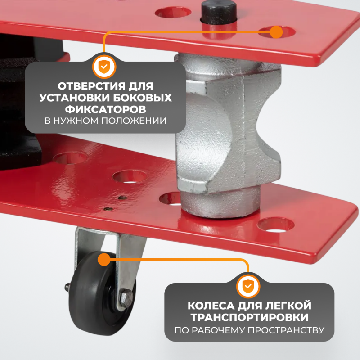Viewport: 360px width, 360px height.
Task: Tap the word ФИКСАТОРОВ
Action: [105, 109]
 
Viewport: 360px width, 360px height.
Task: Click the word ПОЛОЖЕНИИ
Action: [134, 121]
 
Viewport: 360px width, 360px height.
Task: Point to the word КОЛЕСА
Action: [211, 306]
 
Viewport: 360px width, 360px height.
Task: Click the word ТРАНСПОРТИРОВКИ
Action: [250, 317]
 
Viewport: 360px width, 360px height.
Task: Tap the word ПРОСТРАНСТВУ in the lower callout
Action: [286, 330]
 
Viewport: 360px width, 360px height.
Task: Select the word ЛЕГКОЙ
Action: [288, 306]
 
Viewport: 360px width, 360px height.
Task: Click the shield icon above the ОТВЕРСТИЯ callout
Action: [104, 67]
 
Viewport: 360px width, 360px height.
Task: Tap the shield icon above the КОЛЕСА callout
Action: [248, 286]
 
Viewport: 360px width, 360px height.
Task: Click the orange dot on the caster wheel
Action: [104, 260]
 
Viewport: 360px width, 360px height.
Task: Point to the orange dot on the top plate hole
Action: [276, 32]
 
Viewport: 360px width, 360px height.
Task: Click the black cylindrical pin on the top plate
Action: [219, 13]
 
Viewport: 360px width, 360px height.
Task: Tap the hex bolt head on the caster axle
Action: [126, 298]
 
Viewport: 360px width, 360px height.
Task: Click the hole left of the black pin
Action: [173, 13]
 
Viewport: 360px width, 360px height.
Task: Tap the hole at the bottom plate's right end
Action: [276, 225]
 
